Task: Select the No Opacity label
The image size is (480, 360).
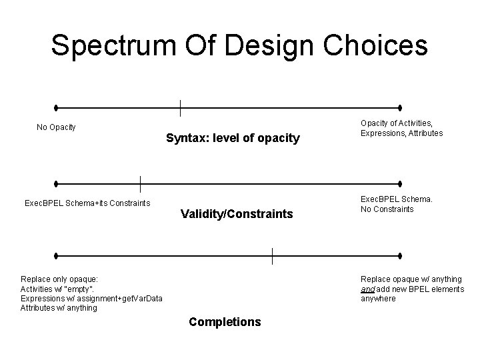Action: [56, 127]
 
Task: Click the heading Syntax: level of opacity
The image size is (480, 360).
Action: [233, 139]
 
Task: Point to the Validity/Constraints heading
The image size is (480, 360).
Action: [237, 214]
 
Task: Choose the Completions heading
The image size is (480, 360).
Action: [225, 322]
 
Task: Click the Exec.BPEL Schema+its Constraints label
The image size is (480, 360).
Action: [87, 203]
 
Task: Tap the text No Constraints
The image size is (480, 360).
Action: [387, 209]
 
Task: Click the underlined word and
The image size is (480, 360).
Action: [368, 289]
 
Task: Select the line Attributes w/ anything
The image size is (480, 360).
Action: [59, 308]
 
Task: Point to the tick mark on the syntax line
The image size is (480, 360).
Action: [180, 107]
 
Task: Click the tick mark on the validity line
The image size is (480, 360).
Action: [140, 183]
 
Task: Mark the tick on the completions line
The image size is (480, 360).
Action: [272, 255]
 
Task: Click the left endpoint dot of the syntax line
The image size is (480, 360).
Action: [57, 107]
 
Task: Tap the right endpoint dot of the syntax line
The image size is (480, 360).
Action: [400, 107]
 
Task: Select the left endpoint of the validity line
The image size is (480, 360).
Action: [57, 183]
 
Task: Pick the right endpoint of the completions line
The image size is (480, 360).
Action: [400, 255]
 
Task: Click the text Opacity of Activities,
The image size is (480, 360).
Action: [397, 123]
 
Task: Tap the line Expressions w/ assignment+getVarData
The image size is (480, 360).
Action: [91, 299]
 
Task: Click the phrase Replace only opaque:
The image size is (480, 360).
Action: [59, 279]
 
